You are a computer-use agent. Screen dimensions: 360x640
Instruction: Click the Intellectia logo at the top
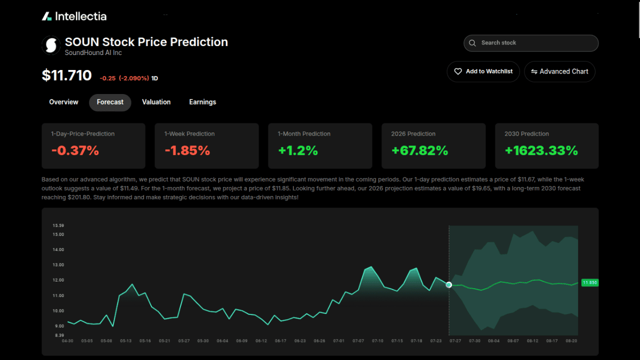pos(74,16)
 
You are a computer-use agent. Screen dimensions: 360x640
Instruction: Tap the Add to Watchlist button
pos(483,71)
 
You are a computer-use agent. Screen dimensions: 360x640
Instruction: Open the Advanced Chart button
pos(559,71)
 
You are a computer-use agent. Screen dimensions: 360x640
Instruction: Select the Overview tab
pos(63,102)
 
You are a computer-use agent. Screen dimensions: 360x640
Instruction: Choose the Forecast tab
pos(110,102)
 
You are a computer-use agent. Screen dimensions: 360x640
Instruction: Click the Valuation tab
pos(156,102)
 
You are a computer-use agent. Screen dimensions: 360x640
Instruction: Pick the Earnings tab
pos(202,102)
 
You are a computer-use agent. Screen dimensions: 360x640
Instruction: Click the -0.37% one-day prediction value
pos(75,150)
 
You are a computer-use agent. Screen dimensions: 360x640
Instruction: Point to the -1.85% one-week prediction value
pos(187,150)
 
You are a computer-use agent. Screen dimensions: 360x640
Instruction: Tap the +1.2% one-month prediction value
pos(298,150)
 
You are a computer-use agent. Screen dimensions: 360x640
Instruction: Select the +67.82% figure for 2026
pos(419,150)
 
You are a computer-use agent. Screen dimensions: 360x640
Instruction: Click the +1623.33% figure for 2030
pos(541,150)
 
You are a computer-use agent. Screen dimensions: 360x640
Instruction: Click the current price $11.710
pos(66,75)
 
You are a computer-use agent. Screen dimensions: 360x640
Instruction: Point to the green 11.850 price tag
pos(590,282)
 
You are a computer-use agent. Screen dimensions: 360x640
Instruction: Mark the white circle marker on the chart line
pos(448,284)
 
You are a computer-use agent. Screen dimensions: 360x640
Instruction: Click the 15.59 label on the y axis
pos(58,225)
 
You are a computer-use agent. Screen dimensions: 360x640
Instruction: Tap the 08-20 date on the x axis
pos(571,341)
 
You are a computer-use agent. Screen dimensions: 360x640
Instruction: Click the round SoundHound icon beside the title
pos(50,45)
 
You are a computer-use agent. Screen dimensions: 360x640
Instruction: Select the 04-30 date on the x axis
pos(67,341)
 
